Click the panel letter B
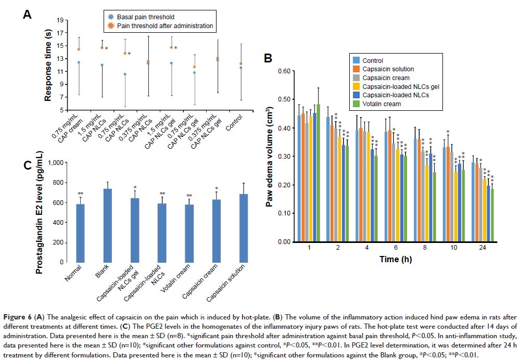pyautogui.click(x=269, y=58)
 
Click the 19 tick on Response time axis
pyautogui.click(x=59, y=20)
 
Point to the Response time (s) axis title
pyautogui.click(x=47, y=66)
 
